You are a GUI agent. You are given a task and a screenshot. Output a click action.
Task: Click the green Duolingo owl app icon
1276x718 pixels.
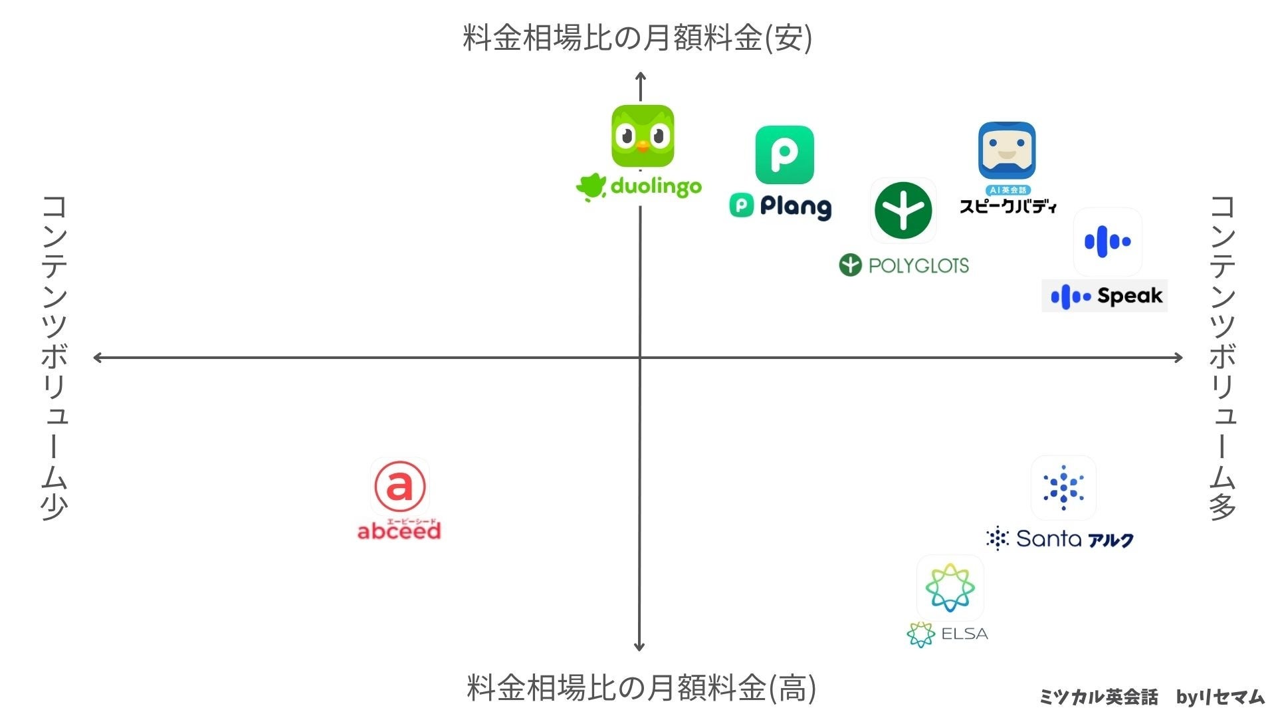click(x=643, y=136)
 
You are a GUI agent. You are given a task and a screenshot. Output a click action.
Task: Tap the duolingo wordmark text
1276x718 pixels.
click(x=655, y=187)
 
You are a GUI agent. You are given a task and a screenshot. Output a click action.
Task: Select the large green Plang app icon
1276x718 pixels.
click(x=784, y=155)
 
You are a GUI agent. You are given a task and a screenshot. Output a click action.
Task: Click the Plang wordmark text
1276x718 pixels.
click(x=795, y=207)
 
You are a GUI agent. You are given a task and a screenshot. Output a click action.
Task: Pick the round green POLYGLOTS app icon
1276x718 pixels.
click(x=903, y=210)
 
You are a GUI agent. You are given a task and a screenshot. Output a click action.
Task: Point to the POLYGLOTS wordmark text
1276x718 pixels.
click(x=918, y=266)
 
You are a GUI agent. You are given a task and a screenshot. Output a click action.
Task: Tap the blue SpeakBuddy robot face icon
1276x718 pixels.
click(x=1007, y=150)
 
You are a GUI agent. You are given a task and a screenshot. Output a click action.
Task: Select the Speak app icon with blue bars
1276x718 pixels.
click(x=1107, y=241)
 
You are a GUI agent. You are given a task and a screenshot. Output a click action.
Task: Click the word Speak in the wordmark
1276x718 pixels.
click(x=1130, y=296)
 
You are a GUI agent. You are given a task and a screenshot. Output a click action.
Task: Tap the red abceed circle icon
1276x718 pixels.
click(x=399, y=486)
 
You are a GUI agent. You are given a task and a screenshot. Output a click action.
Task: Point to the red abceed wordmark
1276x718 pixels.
click(x=399, y=531)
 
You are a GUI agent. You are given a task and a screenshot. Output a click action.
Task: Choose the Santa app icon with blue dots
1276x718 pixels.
click(x=1063, y=488)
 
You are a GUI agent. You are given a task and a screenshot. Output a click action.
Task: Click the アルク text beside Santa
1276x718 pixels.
click(x=1111, y=540)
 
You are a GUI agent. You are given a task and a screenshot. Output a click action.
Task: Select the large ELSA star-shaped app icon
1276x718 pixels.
click(x=950, y=588)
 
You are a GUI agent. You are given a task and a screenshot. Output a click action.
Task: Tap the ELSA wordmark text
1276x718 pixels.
click(x=964, y=634)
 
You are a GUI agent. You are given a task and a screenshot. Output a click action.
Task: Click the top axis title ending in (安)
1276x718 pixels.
click(x=637, y=38)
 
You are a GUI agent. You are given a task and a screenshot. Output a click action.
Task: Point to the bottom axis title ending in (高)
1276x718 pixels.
click(x=641, y=687)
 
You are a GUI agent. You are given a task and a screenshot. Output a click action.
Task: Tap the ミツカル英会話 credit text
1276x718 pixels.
click(x=1099, y=697)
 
